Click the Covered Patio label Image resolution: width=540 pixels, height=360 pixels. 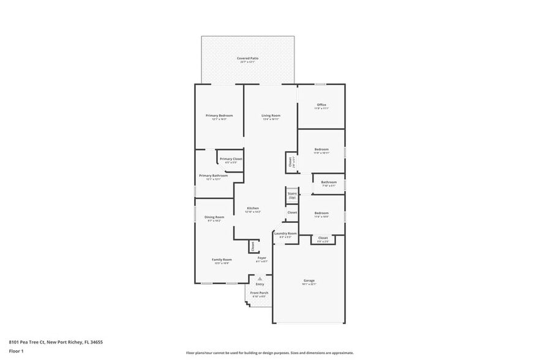click(x=248, y=58)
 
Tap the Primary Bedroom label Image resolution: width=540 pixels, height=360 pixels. click(x=219, y=115)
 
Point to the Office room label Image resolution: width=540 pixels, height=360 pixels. click(x=321, y=105)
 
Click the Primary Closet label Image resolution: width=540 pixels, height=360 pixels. click(x=231, y=159)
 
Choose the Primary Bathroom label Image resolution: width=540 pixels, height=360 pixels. click(x=213, y=176)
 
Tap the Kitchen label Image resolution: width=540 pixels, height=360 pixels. click(x=253, y=208)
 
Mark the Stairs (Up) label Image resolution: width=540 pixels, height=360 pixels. click(x=292, y=195)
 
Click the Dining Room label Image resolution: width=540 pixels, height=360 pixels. click(x=214, y=217)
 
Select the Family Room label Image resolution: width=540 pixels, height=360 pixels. click(x=222, y=260)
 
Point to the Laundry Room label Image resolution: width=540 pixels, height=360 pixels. click(x=285, y=233)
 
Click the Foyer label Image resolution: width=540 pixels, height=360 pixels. click(x=261, y=258)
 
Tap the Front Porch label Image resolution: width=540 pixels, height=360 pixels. click(x=259, y=293)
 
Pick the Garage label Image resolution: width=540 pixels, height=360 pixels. click(x=309, y=281)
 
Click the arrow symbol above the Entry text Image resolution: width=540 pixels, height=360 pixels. click(x=260, y=279)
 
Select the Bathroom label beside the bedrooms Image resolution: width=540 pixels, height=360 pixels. click(x=329, y=182)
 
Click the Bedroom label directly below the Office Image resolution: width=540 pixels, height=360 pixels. click(x=321, y=149)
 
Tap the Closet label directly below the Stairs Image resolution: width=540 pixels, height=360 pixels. click(x=292, y=212)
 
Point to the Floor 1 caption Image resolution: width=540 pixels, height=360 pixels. click(x=16, y=351)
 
